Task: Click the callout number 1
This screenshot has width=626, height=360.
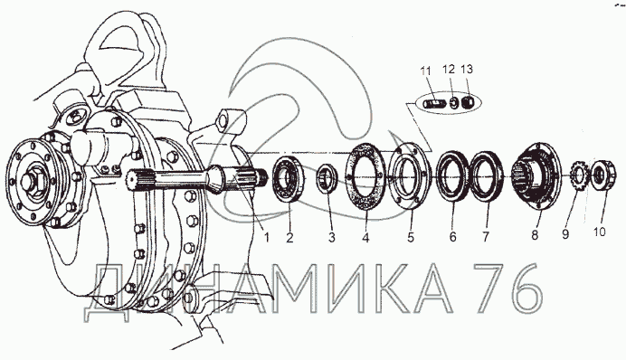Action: coord(267,238)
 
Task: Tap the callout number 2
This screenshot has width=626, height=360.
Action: coord(289,238)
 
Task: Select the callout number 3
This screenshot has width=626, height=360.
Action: coord(332,238)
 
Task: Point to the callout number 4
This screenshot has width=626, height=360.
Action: coord(365,238)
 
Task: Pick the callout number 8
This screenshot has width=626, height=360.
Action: coord(535,235)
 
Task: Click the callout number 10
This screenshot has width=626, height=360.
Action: coord(599,232)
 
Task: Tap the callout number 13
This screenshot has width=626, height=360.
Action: coord(466,69)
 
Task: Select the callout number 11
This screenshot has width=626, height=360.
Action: coord(425,71)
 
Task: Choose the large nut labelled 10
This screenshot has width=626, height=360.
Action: coord(602,175)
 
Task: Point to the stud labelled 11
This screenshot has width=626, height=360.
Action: coord(432,104)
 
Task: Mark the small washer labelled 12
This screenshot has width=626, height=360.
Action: coord(453,103)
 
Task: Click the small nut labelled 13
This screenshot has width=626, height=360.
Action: coord(468,103)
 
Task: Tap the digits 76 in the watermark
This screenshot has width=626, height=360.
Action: coord(507,289)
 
